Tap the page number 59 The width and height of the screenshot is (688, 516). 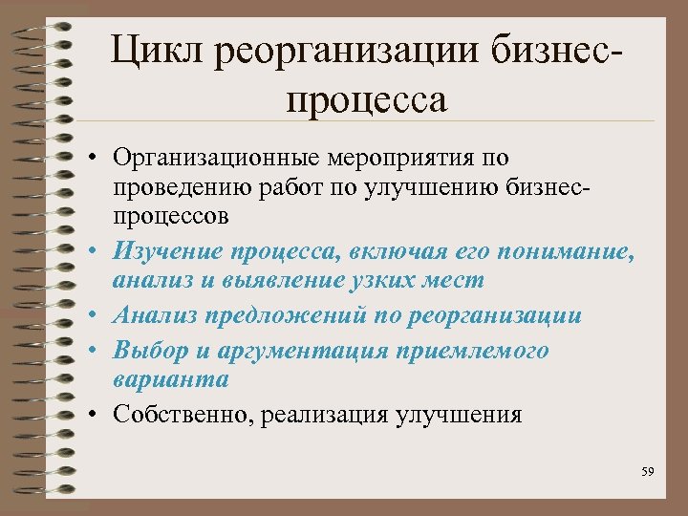(x=649, y=472)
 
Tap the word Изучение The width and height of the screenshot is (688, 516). (x=161, y=251)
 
